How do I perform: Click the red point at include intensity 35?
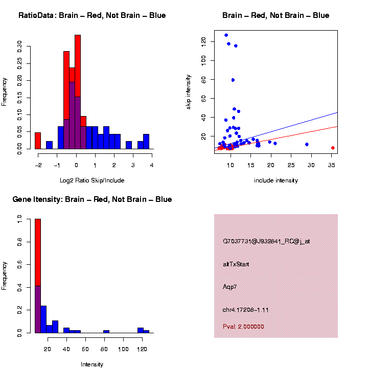pos(333,148)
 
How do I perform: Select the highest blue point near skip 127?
pos(226,35)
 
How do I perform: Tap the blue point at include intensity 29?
pos(307,145)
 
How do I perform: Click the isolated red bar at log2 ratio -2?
pos(38,141)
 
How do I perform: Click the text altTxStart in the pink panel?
pos(236,264)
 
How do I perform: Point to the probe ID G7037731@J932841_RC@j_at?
pos(266,241)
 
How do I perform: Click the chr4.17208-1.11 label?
pos(246,310)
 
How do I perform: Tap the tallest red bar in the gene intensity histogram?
pos(38,276)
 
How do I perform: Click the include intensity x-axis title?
pos(275,180)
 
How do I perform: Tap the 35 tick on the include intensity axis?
pos(331,166)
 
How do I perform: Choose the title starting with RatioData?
pos(92,15)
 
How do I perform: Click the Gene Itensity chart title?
pos(92,199)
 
